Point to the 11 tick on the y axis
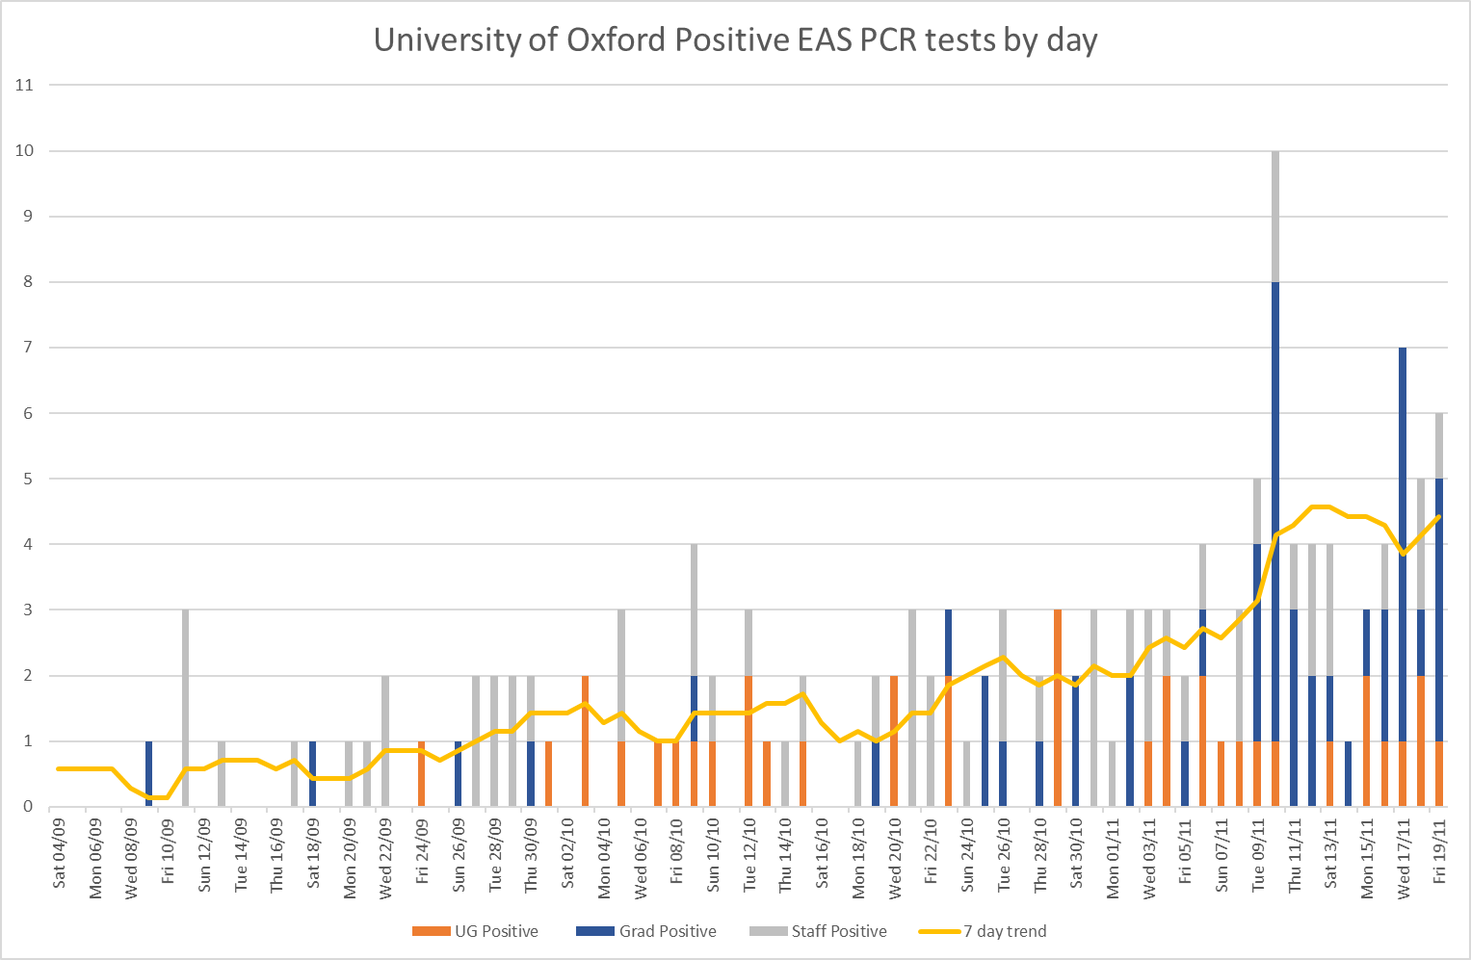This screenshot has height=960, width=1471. click(24, 85)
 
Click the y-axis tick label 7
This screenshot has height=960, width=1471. click(28, 348)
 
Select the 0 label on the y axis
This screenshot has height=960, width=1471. click(28, 807)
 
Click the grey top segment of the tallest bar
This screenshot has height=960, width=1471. click(1275, 216)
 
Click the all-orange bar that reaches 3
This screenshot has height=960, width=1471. click(1058, 708)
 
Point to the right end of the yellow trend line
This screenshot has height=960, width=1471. click(1439, 517)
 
